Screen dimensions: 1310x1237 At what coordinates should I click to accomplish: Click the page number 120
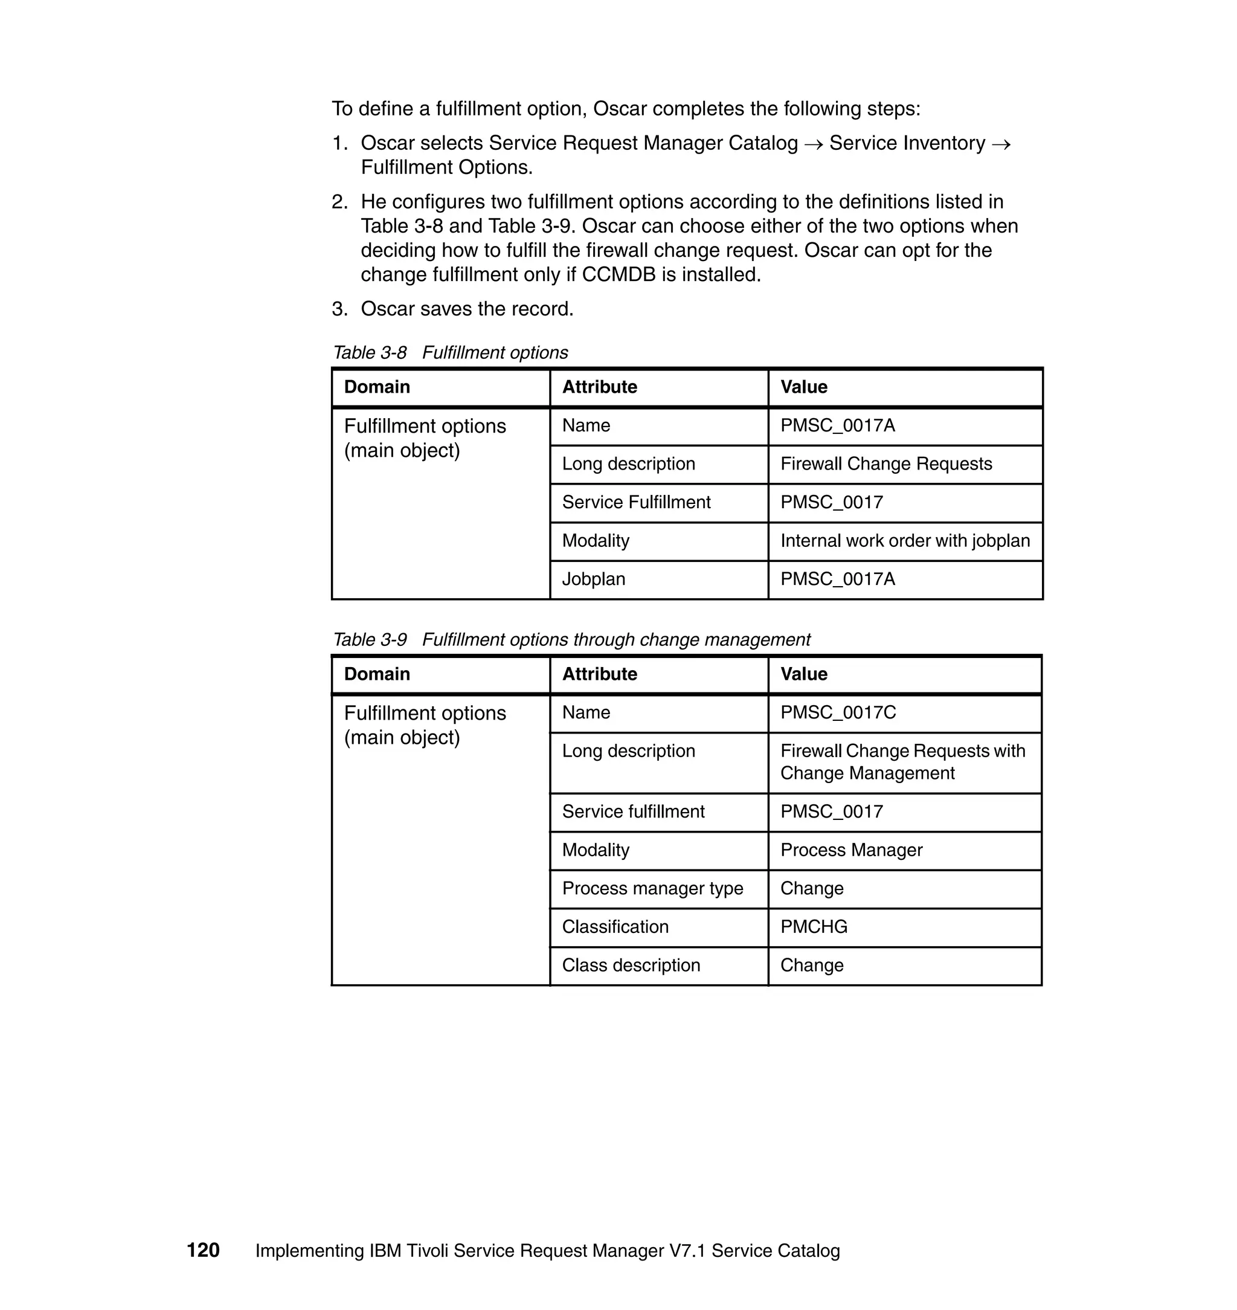pos(203,1250)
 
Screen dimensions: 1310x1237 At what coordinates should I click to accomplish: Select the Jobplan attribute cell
pos(594,579)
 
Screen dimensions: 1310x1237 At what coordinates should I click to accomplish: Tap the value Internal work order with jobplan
pos(905,541)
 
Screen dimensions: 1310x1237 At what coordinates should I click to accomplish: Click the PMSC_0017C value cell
pos(838,712)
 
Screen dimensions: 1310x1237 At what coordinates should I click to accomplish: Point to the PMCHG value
pos(814,927)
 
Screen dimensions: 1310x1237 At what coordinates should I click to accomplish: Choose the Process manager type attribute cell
pos(652,888)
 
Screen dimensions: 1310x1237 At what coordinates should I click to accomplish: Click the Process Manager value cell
pos(851,850)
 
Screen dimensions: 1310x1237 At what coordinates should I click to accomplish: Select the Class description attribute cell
pos(631,965)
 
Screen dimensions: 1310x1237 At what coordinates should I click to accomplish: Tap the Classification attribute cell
pos(615,927)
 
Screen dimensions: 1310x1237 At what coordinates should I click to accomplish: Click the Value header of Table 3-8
pos(804,387)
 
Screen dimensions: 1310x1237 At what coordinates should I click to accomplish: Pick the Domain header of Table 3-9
pos(376,674)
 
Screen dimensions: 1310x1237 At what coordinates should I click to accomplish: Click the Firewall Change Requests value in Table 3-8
pos(885,463)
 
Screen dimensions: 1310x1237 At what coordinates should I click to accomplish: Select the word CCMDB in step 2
pos(618,274)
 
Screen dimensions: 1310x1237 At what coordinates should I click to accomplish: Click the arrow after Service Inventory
pos(1001,144)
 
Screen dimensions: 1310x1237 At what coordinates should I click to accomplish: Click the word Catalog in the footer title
pos(807,1251)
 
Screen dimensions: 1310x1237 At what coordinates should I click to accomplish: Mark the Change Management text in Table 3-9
pos(867,773)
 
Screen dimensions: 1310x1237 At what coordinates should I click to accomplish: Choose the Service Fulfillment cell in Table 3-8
pos(636,503)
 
